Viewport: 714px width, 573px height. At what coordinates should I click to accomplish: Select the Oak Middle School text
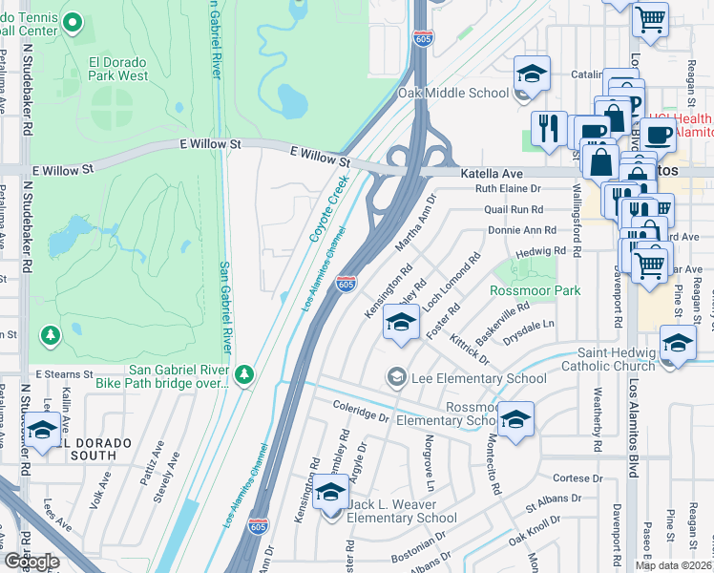[452, 94]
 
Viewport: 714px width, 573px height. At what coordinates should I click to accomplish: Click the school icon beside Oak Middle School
[532, 74]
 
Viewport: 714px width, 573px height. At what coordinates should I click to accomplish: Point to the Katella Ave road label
[492, 174]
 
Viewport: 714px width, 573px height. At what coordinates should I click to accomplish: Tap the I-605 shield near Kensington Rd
[346, 285]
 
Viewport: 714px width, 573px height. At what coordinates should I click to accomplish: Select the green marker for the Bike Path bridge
[244, 375]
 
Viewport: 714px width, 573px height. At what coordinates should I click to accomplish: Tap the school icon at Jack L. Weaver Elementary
[330, 493]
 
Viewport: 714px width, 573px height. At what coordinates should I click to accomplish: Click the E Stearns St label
[64, 373]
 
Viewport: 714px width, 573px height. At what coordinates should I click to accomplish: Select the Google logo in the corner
[31, 562]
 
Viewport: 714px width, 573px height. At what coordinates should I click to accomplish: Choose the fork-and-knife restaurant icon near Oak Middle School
[548, 128]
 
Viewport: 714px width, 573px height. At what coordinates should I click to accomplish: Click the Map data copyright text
[672, 565]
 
